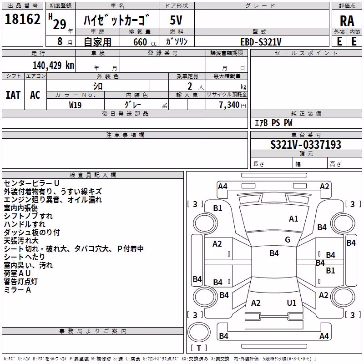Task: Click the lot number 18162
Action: coord(22,19)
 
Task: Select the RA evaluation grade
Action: coord(347,21)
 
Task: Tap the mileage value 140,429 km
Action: coord(53,66)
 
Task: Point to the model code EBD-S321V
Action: coord(261,42)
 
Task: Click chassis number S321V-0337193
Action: coord(306,145)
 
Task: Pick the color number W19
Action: coord(75,105)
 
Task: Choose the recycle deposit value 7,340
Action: coord(229,105)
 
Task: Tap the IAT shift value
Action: coord(13,95)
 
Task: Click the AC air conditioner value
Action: coord(35,95)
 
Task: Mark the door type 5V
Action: coord(176,20)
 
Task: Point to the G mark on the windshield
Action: coord(288,240)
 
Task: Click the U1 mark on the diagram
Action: coord(292,303)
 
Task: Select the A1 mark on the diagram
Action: coord(293,219)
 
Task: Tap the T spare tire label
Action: coord(199,348)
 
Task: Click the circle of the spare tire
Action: coord(199,322)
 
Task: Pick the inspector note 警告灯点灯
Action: coord(20,282)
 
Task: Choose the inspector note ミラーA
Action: coord(17,290)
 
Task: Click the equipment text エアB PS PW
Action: coord(273,123)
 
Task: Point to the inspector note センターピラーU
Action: coord(31,183)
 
